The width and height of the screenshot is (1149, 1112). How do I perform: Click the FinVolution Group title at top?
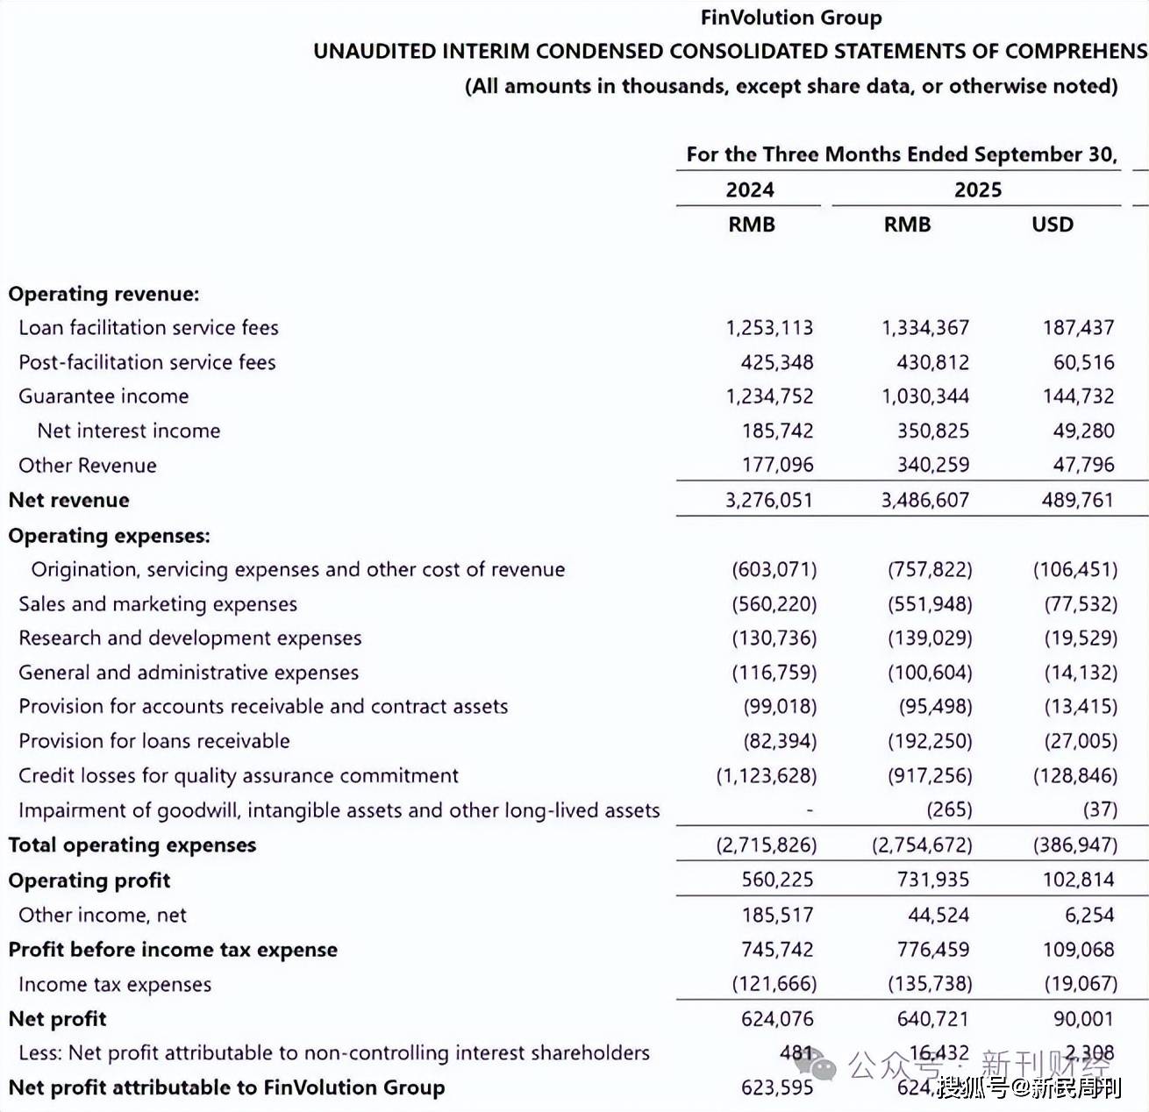click(790, 18)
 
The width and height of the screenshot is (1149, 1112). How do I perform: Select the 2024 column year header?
click(749, 189)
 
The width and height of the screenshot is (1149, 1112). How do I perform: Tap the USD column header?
click(1052, 225)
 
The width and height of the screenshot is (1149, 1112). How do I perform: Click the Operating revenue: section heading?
click(103, 294)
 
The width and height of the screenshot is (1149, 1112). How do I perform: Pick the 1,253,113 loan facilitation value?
click(769, 328)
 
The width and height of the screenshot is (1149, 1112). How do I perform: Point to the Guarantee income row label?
click(103, 396)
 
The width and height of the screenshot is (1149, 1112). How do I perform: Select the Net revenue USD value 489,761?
click(1078, 500)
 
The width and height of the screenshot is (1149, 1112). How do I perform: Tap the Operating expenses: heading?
click(109, 536)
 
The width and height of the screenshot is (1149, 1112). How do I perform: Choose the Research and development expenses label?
click(189, 638)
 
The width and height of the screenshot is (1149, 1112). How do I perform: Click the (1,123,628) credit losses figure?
click(766, 776)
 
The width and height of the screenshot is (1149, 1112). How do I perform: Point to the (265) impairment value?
click(949, 809)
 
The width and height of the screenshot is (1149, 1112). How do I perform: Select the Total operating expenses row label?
click(132, 845)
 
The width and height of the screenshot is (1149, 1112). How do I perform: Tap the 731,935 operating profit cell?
click(932, 880)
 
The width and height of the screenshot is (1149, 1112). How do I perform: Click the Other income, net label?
click(103, 916)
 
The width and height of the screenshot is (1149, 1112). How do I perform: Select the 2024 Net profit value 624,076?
click(777, 1019)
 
